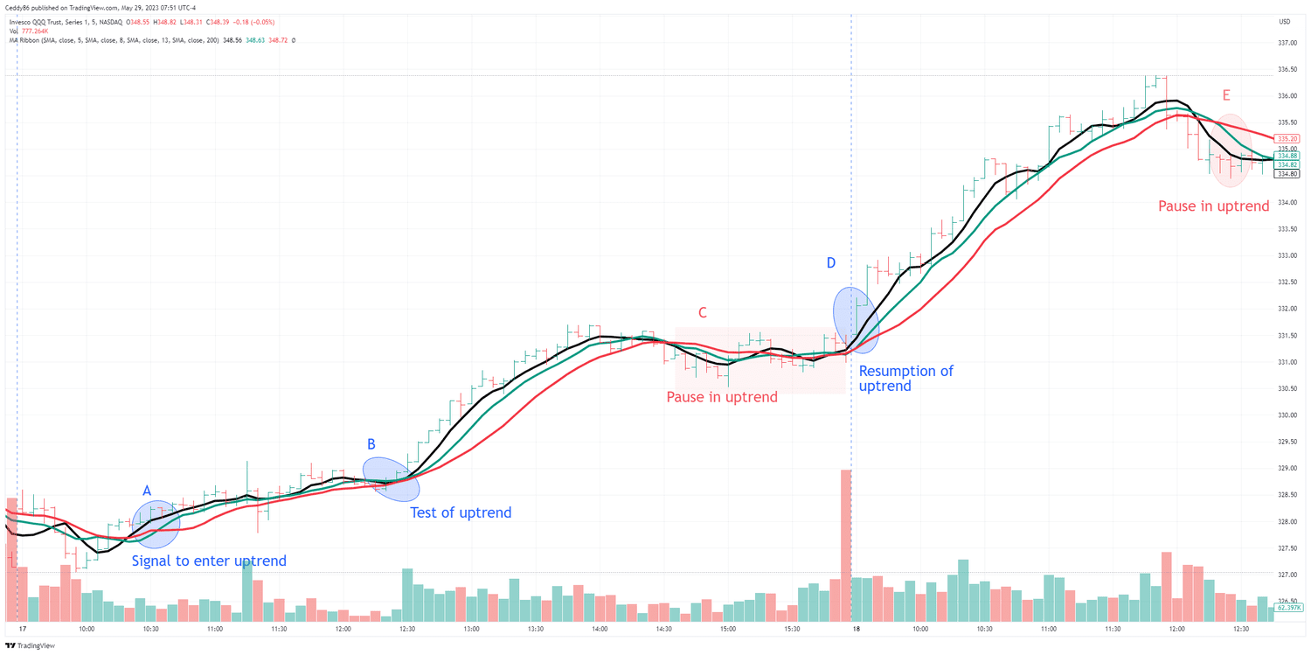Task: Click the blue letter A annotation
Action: click(x=147, y=491)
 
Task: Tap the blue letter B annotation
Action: click(x=371, y=444)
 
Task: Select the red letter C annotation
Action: click(x=702, y=313)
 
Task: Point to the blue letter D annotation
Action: click(x=831, y=263)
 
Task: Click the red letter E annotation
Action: click(x=1226, y=95)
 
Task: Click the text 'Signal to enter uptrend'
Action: click(x=209, y=561)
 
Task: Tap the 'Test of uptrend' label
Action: click(x=461, y=512)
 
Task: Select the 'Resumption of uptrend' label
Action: click(x=905, y=378)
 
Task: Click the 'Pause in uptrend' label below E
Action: click(x=1213, y=206)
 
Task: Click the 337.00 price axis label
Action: click(x=1287, y=43)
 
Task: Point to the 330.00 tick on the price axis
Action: click(x=1287, y=415)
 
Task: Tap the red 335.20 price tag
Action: click(x=1287, y=138)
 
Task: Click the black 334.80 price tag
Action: click(x=1287, y=174)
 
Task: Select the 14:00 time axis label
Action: click(x=600, y=629)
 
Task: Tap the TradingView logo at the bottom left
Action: click(x=31, y=646)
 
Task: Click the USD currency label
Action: click(x=1284, y=22)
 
